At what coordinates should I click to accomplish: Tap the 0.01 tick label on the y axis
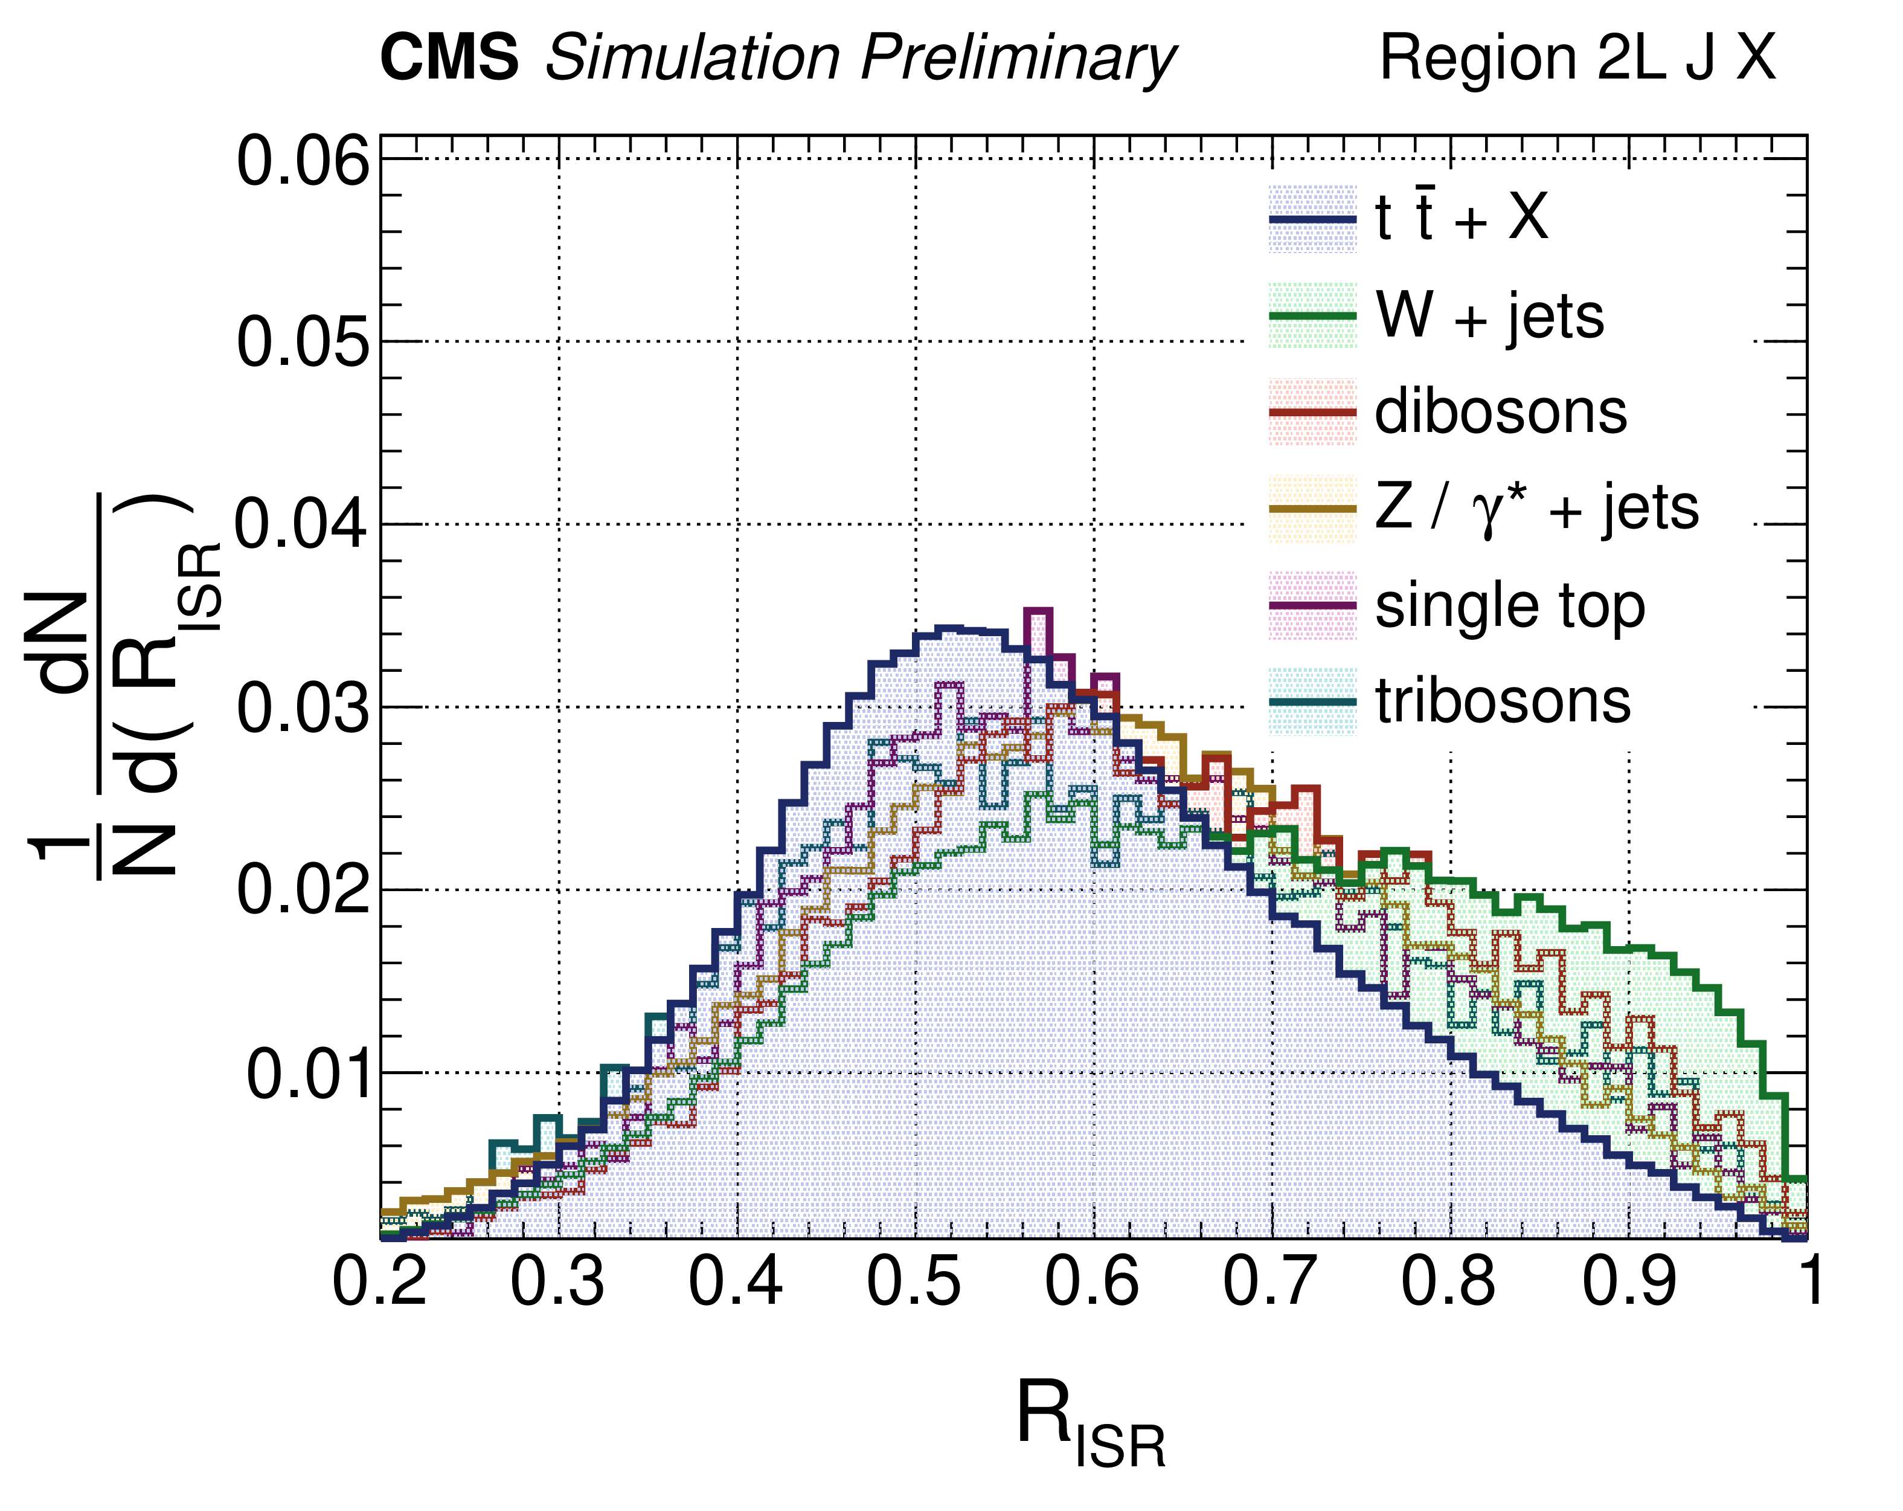(x=307, y=1075)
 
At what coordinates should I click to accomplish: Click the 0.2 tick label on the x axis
(x=379, y=1281)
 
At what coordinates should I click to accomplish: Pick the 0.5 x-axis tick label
(x=914, y=1281)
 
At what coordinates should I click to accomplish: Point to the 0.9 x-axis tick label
(x=1628, y=1281)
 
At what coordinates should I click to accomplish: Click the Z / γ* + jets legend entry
(x=1536, y=509)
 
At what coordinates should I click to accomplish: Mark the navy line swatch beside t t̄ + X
(x=1312, y=218)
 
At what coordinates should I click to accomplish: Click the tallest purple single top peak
(x=1038, y=611)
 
